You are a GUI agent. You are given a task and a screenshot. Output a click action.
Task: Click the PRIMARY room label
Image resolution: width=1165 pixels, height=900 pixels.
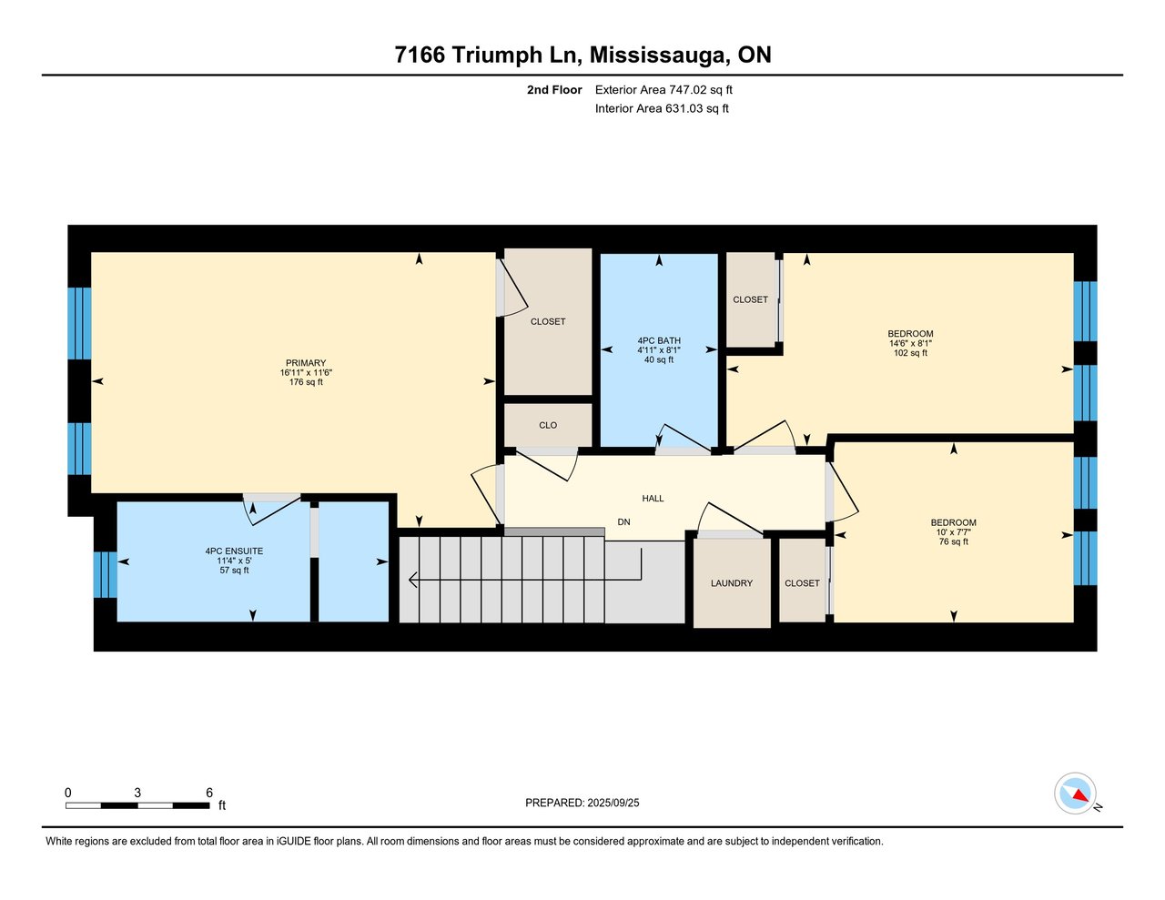[306, 363]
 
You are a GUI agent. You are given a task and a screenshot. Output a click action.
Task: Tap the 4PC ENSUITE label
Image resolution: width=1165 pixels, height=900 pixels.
[234, 551]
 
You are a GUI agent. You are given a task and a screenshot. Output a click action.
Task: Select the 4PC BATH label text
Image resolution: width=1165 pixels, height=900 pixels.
[659, 340]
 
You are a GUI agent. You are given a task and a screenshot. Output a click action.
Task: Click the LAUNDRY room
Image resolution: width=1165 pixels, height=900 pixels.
[732, 583]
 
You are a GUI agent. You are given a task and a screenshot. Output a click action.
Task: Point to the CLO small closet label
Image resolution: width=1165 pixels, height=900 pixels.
[548, 425]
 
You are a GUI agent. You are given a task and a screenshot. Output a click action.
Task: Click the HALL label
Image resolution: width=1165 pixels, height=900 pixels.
[653, 498]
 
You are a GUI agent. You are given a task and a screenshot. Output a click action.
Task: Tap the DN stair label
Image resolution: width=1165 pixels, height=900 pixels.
[623, 521]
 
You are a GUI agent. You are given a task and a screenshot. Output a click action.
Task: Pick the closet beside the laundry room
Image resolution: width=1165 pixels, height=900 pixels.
[802, 582]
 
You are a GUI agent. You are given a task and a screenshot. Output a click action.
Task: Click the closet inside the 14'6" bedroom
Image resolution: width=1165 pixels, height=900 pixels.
[750, 299]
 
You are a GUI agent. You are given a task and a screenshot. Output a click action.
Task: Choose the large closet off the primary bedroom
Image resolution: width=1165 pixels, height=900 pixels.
[548, 321]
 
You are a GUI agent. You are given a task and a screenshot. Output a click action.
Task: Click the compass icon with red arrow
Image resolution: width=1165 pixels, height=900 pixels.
[1076, 794]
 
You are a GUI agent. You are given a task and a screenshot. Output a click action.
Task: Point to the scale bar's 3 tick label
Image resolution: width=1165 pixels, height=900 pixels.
[137, 793]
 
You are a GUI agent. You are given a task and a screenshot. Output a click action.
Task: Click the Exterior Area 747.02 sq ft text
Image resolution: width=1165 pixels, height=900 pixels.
[664, 89]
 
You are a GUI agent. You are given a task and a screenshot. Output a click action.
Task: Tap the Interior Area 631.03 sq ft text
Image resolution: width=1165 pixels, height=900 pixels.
[662, 108]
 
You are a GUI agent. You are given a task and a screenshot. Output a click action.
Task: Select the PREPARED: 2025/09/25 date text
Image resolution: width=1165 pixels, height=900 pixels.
[582, 803]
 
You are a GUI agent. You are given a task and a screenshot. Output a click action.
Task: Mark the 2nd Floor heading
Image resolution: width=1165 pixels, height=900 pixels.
[554, 89]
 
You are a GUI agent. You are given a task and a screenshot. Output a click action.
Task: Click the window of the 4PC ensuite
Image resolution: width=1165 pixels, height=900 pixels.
[106, 574]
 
